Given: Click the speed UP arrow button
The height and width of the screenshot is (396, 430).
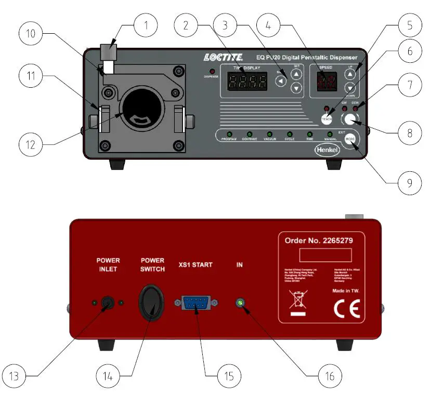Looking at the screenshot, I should point(350,74).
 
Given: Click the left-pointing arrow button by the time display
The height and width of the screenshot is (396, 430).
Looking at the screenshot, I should point(281,81).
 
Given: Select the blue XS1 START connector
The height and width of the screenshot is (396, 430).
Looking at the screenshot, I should point(197,303).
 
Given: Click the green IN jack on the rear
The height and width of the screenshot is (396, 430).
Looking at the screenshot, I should point(240,303).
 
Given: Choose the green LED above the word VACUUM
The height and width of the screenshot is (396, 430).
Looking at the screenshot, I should point(269,134).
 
